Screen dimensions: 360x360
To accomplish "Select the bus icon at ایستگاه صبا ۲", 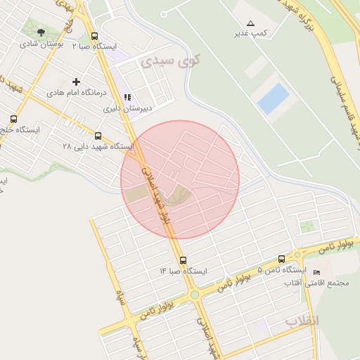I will click(x=95, y=37).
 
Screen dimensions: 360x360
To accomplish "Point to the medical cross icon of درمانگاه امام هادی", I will click(x=77, y=82).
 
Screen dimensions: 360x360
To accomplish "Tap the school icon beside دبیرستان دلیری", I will click(x=127, y=97).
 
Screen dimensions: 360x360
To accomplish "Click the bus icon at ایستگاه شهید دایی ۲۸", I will click(x=98, y=136).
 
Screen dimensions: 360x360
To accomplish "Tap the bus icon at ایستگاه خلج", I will click(x=13, y=119).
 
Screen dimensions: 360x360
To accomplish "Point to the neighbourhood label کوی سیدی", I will click(x=170, y=61).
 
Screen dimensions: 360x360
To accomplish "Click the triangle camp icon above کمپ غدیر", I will click(x=251, y=23).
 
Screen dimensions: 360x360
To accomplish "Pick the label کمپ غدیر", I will click(x=251, y=34).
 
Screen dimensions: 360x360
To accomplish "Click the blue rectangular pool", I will click(x=274, y=99).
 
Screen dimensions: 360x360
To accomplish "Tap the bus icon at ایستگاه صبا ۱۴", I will click(x=183, y=260).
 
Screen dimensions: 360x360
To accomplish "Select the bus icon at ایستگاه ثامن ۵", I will click(x=282, y=259).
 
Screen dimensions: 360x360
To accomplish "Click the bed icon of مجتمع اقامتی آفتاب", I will click(x=316, y=272).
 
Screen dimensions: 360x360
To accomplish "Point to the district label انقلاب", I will click(x=302, y=321).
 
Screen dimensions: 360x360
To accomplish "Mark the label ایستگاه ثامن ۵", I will click(x=282, y=270).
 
